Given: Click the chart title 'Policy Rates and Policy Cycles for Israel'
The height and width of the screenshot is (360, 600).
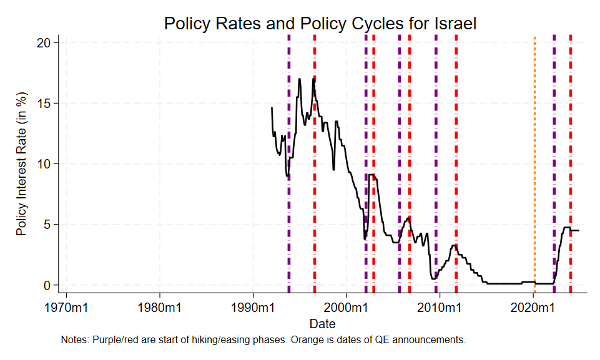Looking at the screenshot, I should coord(320,24).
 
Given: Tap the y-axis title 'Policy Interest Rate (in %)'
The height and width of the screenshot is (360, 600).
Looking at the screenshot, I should coord(22,163).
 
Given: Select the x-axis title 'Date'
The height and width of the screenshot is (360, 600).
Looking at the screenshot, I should coord(322,324).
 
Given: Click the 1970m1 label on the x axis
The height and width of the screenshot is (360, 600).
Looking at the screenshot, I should coord(67,308).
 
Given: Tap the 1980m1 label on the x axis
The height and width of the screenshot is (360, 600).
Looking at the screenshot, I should coord(160,308).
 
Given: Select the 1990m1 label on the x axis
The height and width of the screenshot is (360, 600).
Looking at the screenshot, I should coord(253,308).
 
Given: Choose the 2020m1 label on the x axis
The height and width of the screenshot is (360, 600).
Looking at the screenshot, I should coord(533,308).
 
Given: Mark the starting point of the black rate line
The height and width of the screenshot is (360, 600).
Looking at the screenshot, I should coord(272,108).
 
